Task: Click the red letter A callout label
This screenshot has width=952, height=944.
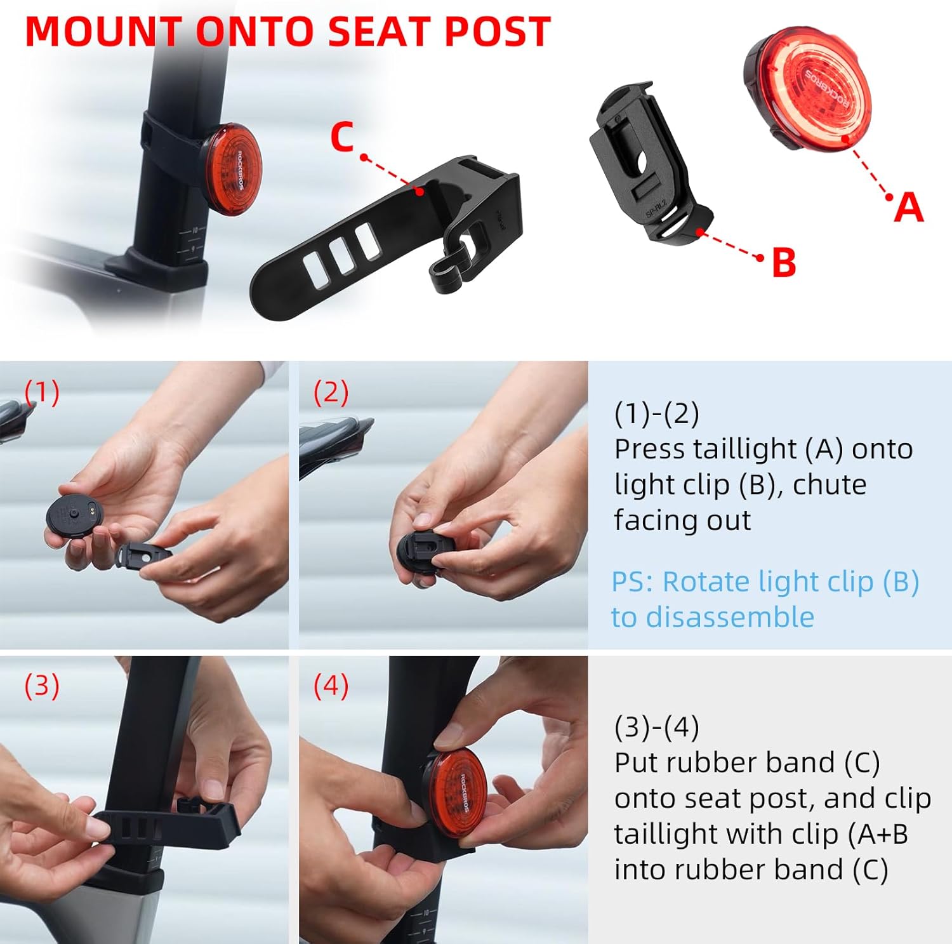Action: coord(908,207)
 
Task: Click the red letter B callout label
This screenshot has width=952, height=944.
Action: coord(784,262)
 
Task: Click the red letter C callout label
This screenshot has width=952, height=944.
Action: coord(342,136)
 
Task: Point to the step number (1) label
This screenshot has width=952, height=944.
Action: coord(42,392)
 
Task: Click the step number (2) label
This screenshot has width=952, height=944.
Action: coord(331,392)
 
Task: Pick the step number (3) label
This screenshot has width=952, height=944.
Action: coord(42,686)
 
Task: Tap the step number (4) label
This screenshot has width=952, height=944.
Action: coord(331,686)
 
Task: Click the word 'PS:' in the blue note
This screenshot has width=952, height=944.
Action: coord(631,582)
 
